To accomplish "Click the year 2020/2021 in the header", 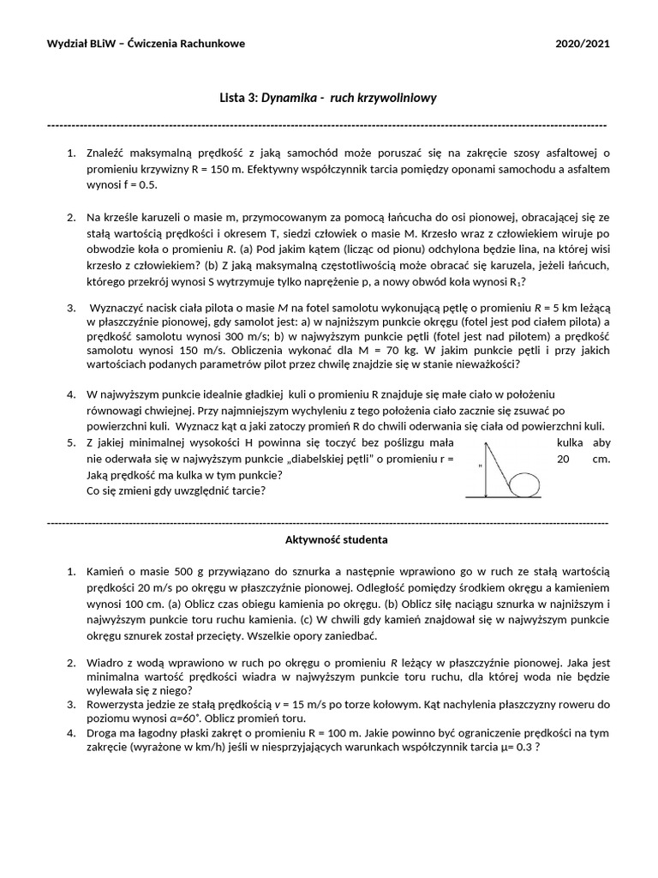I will click(x=582, y=44).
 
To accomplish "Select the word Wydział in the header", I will click(x=67, y=44).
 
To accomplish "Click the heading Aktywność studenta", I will click(x=336, y=540).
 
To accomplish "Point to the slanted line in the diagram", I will click(x=499, y=465).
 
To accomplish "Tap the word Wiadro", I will click(x=105, y=663).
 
